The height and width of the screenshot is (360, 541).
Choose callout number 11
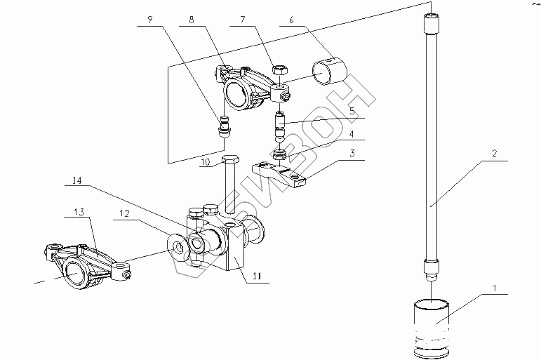click(258, 278)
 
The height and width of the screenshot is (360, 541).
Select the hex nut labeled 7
click(278, 70)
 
